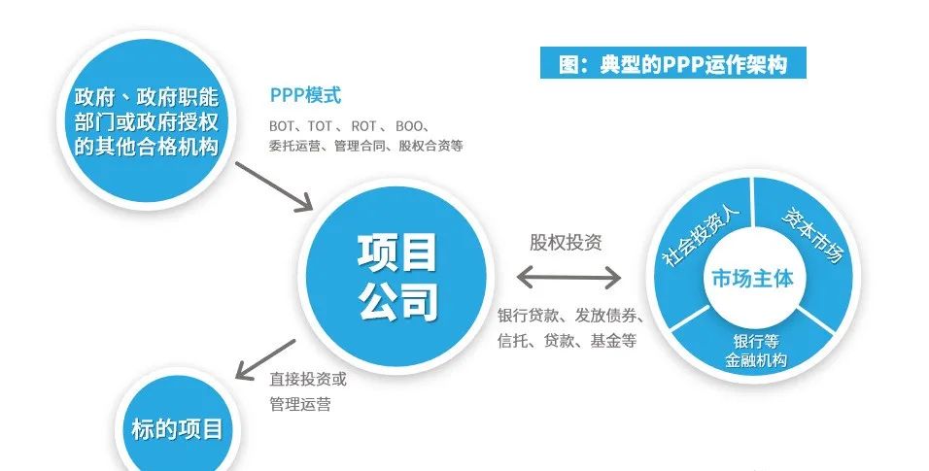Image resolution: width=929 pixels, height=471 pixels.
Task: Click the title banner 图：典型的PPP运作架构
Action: (x=673, y=63)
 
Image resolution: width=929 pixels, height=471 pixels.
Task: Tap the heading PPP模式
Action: (x=305, y=95)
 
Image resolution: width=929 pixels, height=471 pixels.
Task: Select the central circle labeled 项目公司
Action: (x=396, y=277)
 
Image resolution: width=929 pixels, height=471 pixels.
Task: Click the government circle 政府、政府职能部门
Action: (x=147, y=120)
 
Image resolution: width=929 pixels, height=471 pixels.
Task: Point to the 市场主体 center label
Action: (x=752, y=278)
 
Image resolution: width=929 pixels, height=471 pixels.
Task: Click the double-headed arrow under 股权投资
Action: (x=568, y=277)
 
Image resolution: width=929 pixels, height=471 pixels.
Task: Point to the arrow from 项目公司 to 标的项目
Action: (x=265, y=359)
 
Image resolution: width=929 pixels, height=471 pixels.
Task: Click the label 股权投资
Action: (x=566, y=243)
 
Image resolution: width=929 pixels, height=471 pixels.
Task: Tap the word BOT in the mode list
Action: (x=282, y=126)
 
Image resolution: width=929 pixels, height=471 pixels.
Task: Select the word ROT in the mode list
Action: (x=363, y=126)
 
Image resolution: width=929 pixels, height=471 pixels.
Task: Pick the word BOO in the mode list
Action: (x=408, y=126)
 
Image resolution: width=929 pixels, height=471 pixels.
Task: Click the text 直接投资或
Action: (x=308, y=379)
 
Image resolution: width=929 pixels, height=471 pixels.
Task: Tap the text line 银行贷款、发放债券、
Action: (x=570, y=316)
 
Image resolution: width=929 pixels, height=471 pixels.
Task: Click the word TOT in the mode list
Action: (x=320, y=126)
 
